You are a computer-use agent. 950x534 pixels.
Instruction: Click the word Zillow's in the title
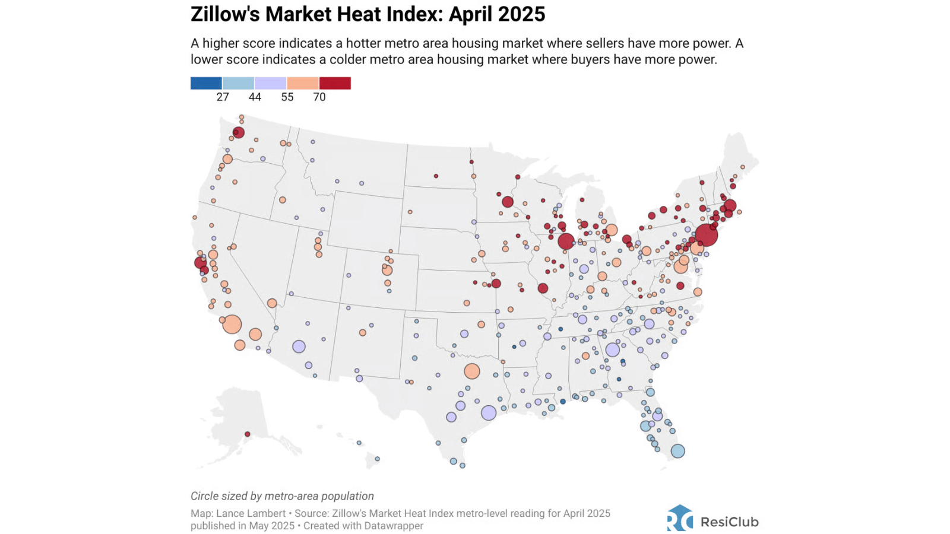225,14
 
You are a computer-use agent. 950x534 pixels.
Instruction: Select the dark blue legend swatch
206,83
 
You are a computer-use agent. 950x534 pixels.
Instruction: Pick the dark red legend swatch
335,83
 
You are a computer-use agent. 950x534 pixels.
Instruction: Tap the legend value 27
223,97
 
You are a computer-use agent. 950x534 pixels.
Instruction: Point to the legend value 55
287,97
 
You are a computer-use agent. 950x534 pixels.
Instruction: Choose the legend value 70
319,97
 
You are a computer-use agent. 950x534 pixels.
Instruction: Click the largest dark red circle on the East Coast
706,235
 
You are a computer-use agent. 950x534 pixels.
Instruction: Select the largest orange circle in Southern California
232,325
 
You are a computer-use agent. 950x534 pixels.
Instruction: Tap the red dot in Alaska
248,434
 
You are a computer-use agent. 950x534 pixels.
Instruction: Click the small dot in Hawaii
377,459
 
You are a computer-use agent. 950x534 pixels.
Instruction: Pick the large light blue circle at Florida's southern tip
677,451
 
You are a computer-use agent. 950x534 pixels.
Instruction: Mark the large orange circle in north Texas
472,371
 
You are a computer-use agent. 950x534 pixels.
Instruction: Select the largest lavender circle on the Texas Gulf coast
489,412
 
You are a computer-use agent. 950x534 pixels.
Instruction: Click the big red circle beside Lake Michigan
566,241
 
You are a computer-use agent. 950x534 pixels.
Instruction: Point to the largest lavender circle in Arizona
299,347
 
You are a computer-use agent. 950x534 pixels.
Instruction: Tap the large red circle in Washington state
239,132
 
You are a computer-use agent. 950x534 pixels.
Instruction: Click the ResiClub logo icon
680,518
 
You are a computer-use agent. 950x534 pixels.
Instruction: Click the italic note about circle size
282,496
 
